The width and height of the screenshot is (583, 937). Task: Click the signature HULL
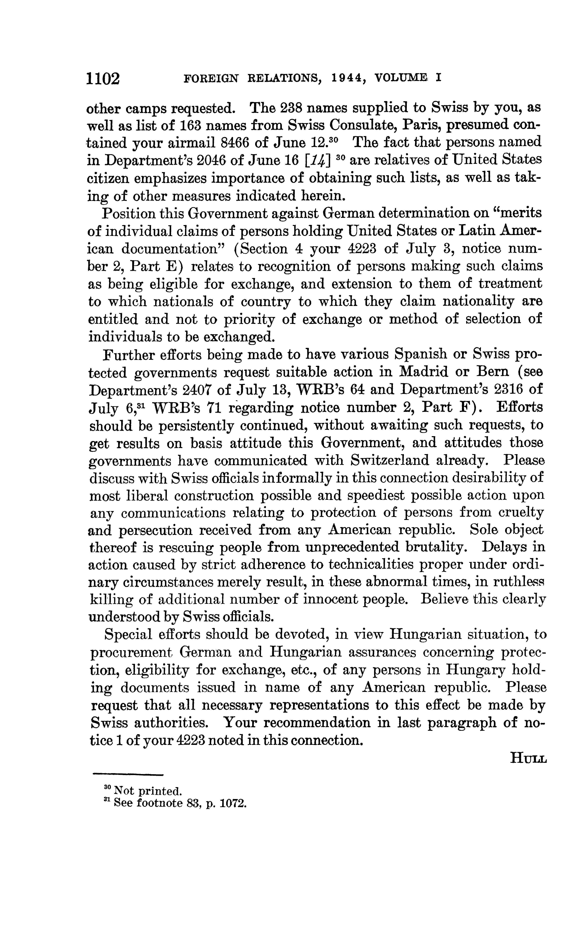click(528, 758)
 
